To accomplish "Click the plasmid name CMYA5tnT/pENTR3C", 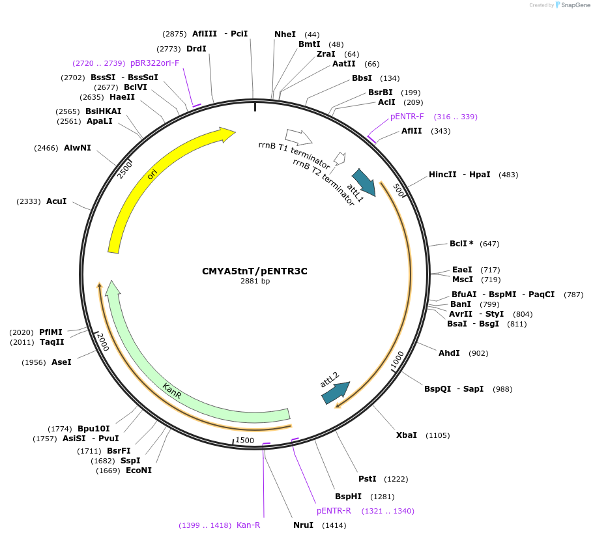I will (x=254, y=271).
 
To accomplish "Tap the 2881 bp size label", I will (x=255, y=282).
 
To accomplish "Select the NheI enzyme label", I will (x=285, y=34).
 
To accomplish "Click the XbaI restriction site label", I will (x=406, y=435).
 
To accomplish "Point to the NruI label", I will (x=303, y=525).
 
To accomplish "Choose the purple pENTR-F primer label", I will (x=407, y=117).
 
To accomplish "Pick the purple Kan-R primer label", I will (x=248, y=525).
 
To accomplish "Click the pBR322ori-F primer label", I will (x=154, y=63).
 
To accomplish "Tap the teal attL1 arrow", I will (x=364, y=182).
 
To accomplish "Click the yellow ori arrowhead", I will (x=227, y=134).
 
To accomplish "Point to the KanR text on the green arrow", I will (x=172, y=391).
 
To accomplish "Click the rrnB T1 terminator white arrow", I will (x=298, y=137).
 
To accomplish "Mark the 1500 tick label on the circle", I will (x=245, y=441).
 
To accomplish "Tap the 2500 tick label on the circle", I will (x=124, y=169).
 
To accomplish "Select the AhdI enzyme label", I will (x=449, y=353).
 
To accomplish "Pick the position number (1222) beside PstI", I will (x=396, y=479).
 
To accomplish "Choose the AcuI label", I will (x=56, y=201).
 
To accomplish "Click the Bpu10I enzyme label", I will (x=93, y=429).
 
